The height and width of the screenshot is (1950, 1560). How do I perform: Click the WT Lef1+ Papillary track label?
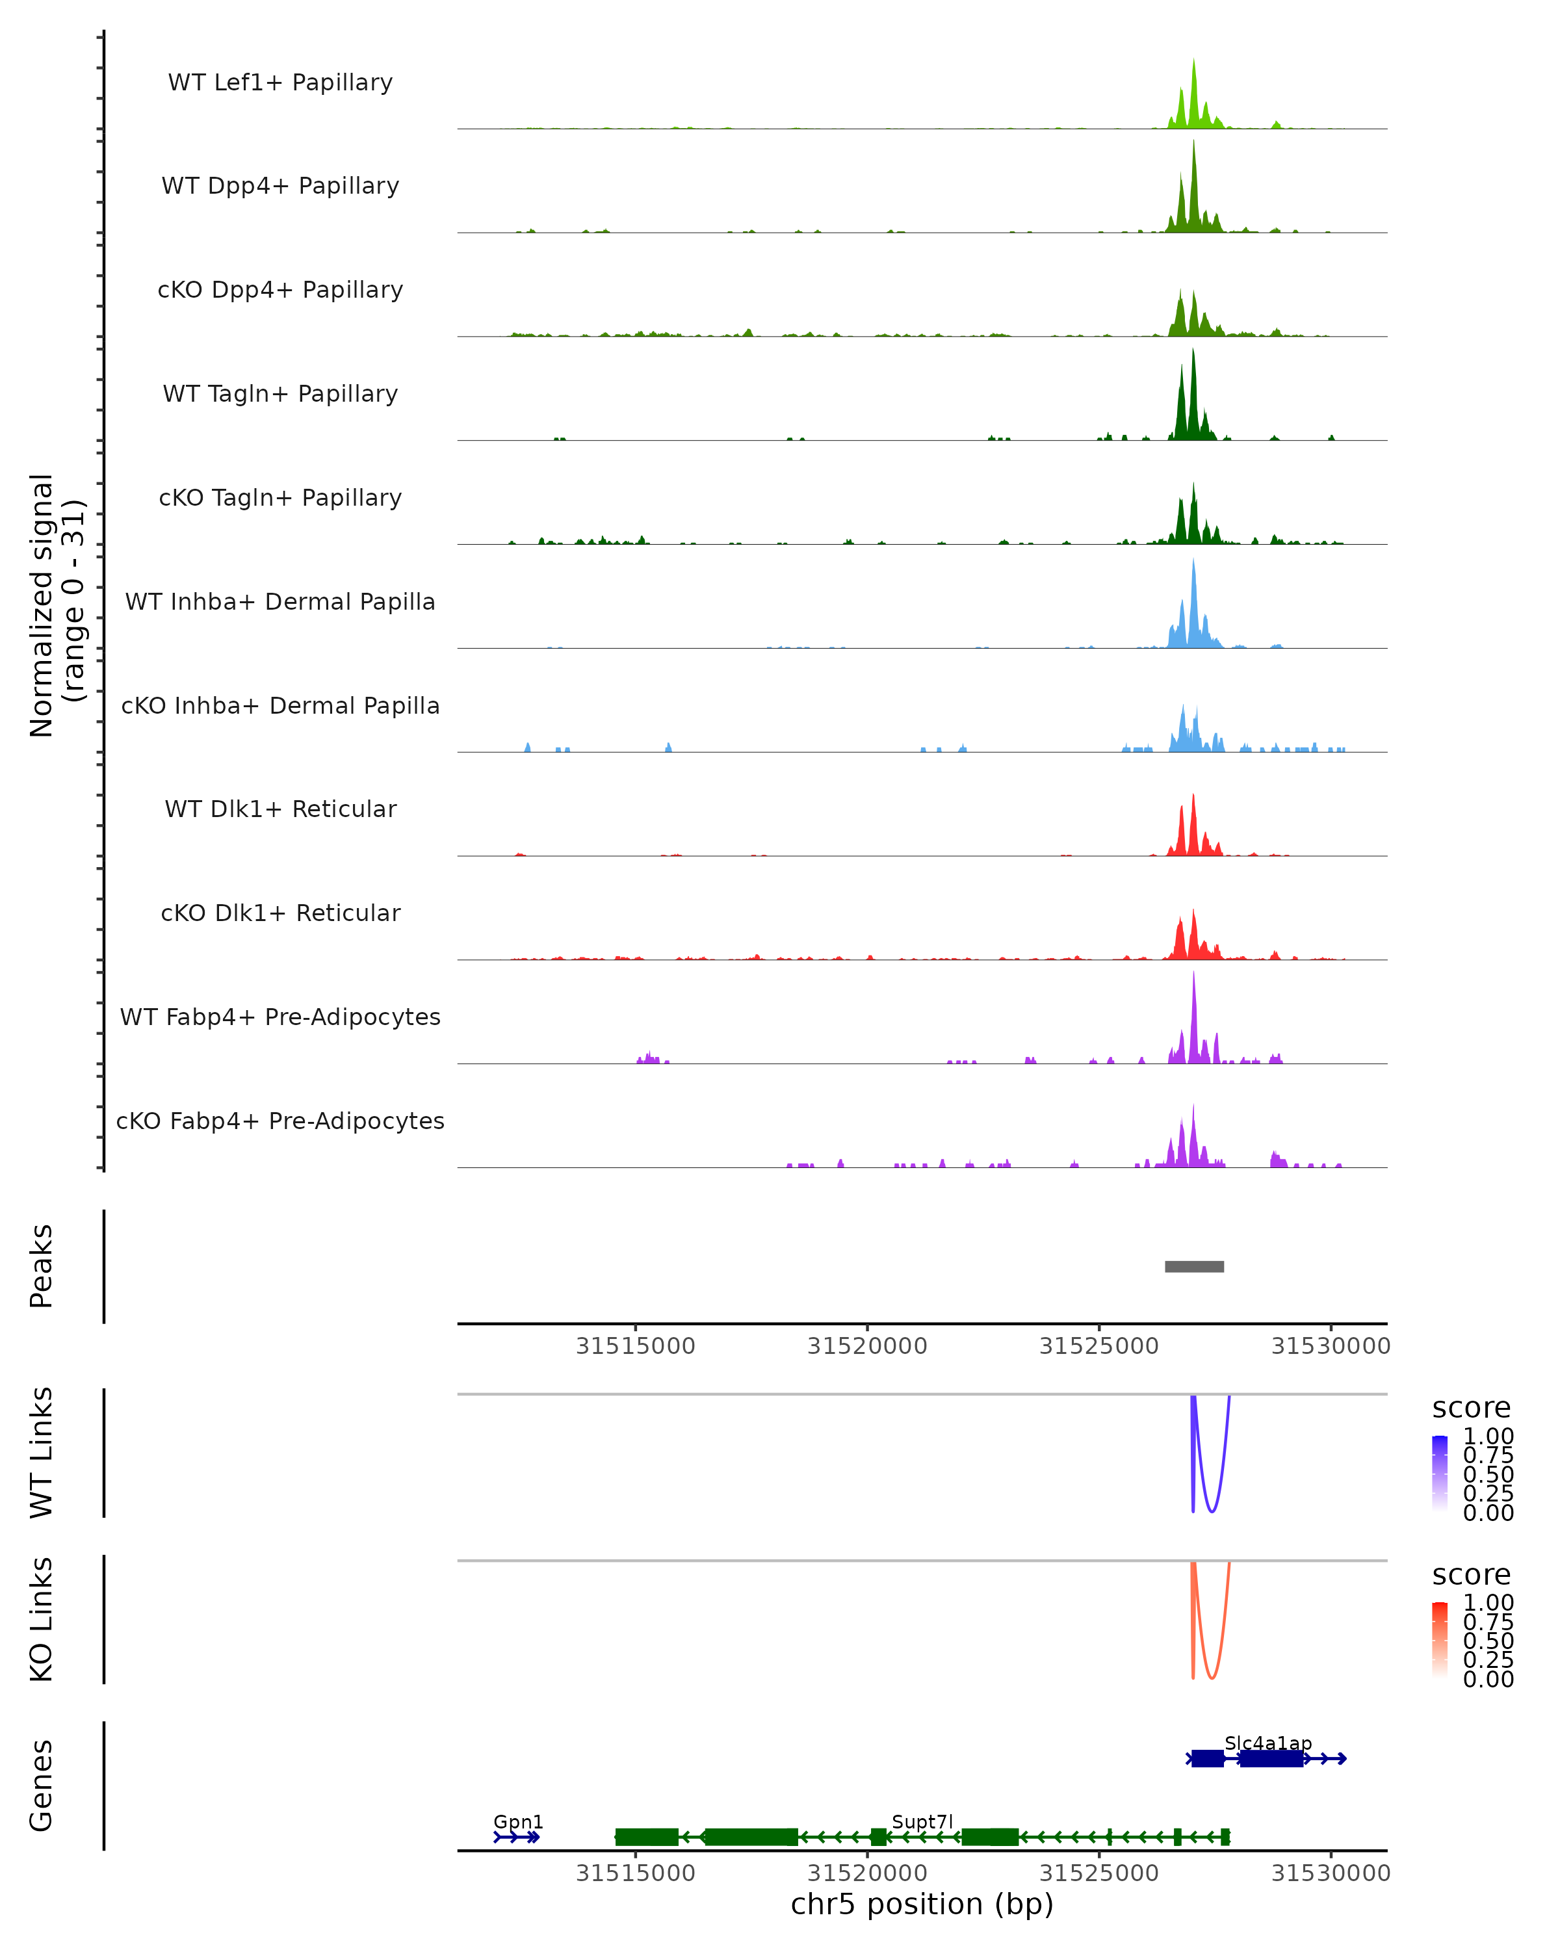pyautogui.click(x=280, y=83)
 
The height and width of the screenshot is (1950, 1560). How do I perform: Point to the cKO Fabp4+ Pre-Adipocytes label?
pyautogui.click(x=280, y=1121)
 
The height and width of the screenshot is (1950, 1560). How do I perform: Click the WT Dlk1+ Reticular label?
pyautogui.click(x=280, y=809)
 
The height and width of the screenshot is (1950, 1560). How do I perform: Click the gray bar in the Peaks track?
pyautogui.click(x=1194, y=1266)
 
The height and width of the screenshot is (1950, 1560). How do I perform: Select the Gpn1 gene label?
pyautogui.click(x=518, y=1821)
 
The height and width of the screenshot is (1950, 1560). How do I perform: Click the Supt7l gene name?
pyautogui.click(x=922, y=1821)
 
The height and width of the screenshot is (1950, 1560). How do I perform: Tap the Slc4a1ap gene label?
pyautogui.click(x=1268, y=1743)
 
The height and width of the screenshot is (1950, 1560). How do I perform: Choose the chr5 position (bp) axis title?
pyautogui.click(x=922, y=1904)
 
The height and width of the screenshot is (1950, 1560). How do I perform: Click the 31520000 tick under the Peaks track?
pyautogui.click(x=867, y=1346)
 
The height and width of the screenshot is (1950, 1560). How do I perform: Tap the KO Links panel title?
pyautogui.click(x=42, y=1619)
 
